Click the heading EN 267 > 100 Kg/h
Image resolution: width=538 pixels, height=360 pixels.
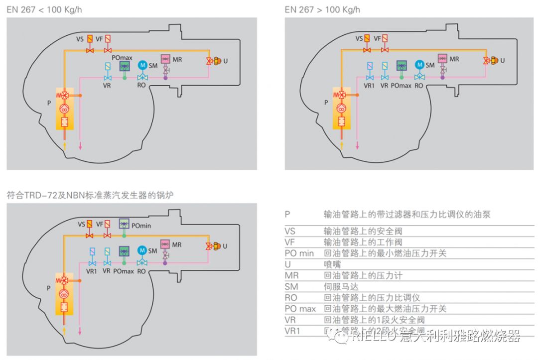[322, 9]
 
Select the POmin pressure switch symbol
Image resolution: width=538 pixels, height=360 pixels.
[124, 224]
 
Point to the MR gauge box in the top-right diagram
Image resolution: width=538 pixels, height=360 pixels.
[442, 59]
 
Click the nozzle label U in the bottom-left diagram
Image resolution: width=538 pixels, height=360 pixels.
[225, 246]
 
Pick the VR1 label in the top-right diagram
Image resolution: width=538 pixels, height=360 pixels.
[369, 86]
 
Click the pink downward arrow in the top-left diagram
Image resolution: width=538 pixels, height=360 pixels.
[80, 145]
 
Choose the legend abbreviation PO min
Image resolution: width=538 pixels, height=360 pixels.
[299, 253]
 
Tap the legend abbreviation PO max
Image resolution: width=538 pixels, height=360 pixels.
[300, 309]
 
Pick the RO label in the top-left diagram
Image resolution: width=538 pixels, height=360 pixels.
[141, 86]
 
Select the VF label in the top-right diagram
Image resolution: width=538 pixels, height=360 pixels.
[377, 38]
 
